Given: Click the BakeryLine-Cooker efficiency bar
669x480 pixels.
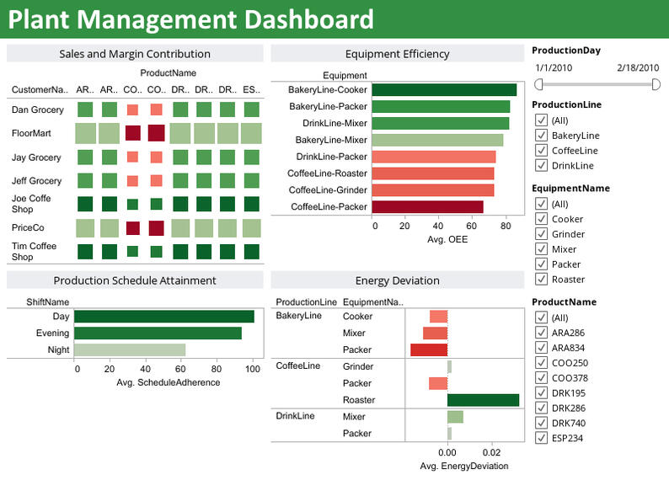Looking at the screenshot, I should coord(444,90).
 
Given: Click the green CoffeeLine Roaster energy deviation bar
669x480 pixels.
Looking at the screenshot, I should coord(483,400).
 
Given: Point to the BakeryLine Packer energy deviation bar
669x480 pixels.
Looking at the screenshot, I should coord(429,349).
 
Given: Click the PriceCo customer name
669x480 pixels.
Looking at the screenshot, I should coord(27,227).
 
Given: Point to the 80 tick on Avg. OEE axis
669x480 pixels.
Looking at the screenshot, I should coord(506,227).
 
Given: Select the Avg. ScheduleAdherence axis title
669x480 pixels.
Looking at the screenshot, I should coord(168,382).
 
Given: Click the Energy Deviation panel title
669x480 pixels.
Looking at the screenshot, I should coord(397,280).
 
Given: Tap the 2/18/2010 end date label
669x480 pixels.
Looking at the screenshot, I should coord(637,67).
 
